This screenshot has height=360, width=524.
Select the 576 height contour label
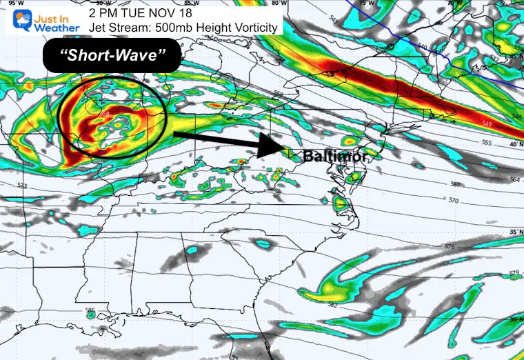pyautogui.click(x=450, y=247)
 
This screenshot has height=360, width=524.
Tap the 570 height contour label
pyautogui.click(x=453, y=201)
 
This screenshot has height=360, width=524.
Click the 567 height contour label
pyautogui.click(x=454, y=184)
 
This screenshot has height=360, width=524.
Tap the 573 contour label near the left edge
pyautogui.click(x=22, y=186)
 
